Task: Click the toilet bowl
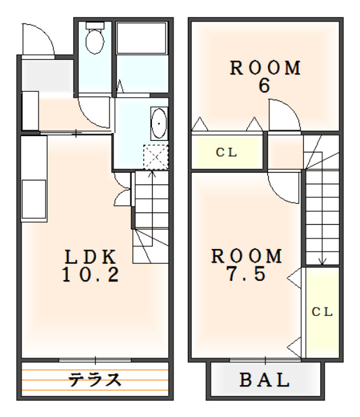point(95,41)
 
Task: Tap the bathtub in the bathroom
point(142,38)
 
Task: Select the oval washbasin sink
point(159,124)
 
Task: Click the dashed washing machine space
point(156,157)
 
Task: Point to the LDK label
point(91,257)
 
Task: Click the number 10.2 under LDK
point(91,274)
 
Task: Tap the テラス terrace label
point(95,379)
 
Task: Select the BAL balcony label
point(264,380)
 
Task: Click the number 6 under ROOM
point(264,85)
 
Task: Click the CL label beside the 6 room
point(226,152)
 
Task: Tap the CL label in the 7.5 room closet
point(322,312)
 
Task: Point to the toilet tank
point(95,25)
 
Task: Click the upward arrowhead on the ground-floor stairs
point(152,174)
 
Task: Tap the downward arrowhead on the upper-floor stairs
point(323,261)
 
